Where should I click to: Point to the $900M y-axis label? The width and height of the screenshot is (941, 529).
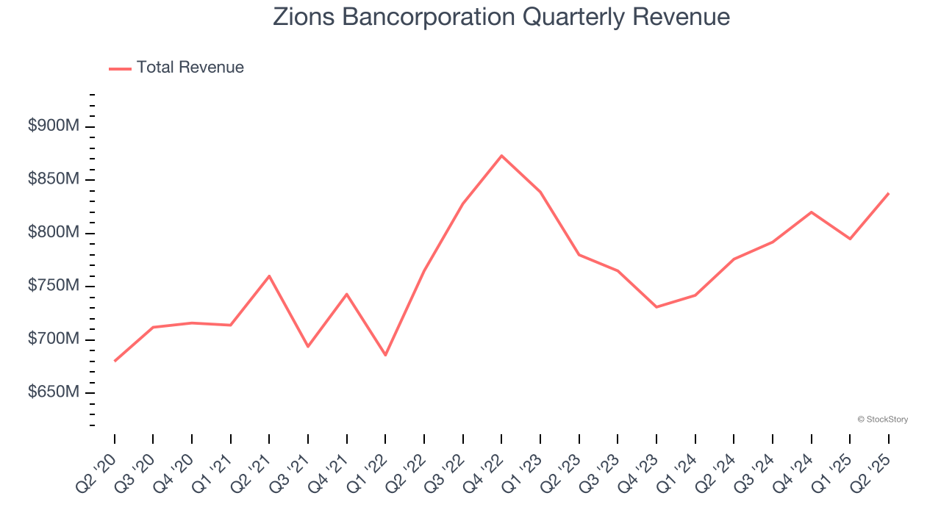point(53,126)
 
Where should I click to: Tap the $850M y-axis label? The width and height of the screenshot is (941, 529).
point(53,180)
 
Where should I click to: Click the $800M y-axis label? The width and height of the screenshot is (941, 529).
point(53,233)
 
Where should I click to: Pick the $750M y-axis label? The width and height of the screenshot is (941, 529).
point(53,287)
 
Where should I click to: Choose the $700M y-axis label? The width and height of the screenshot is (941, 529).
point(53,339)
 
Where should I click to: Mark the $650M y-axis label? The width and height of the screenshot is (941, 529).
point(53,393)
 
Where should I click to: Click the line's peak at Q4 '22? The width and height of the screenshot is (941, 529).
point(501,156)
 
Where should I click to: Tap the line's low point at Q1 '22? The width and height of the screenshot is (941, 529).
point(385,356)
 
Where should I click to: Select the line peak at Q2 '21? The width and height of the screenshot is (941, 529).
point(269,276)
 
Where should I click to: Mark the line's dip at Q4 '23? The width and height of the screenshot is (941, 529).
point(656,306)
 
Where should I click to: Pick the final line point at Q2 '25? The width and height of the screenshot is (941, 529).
point(888,194)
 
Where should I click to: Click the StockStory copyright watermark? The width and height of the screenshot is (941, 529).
point(883,420)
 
